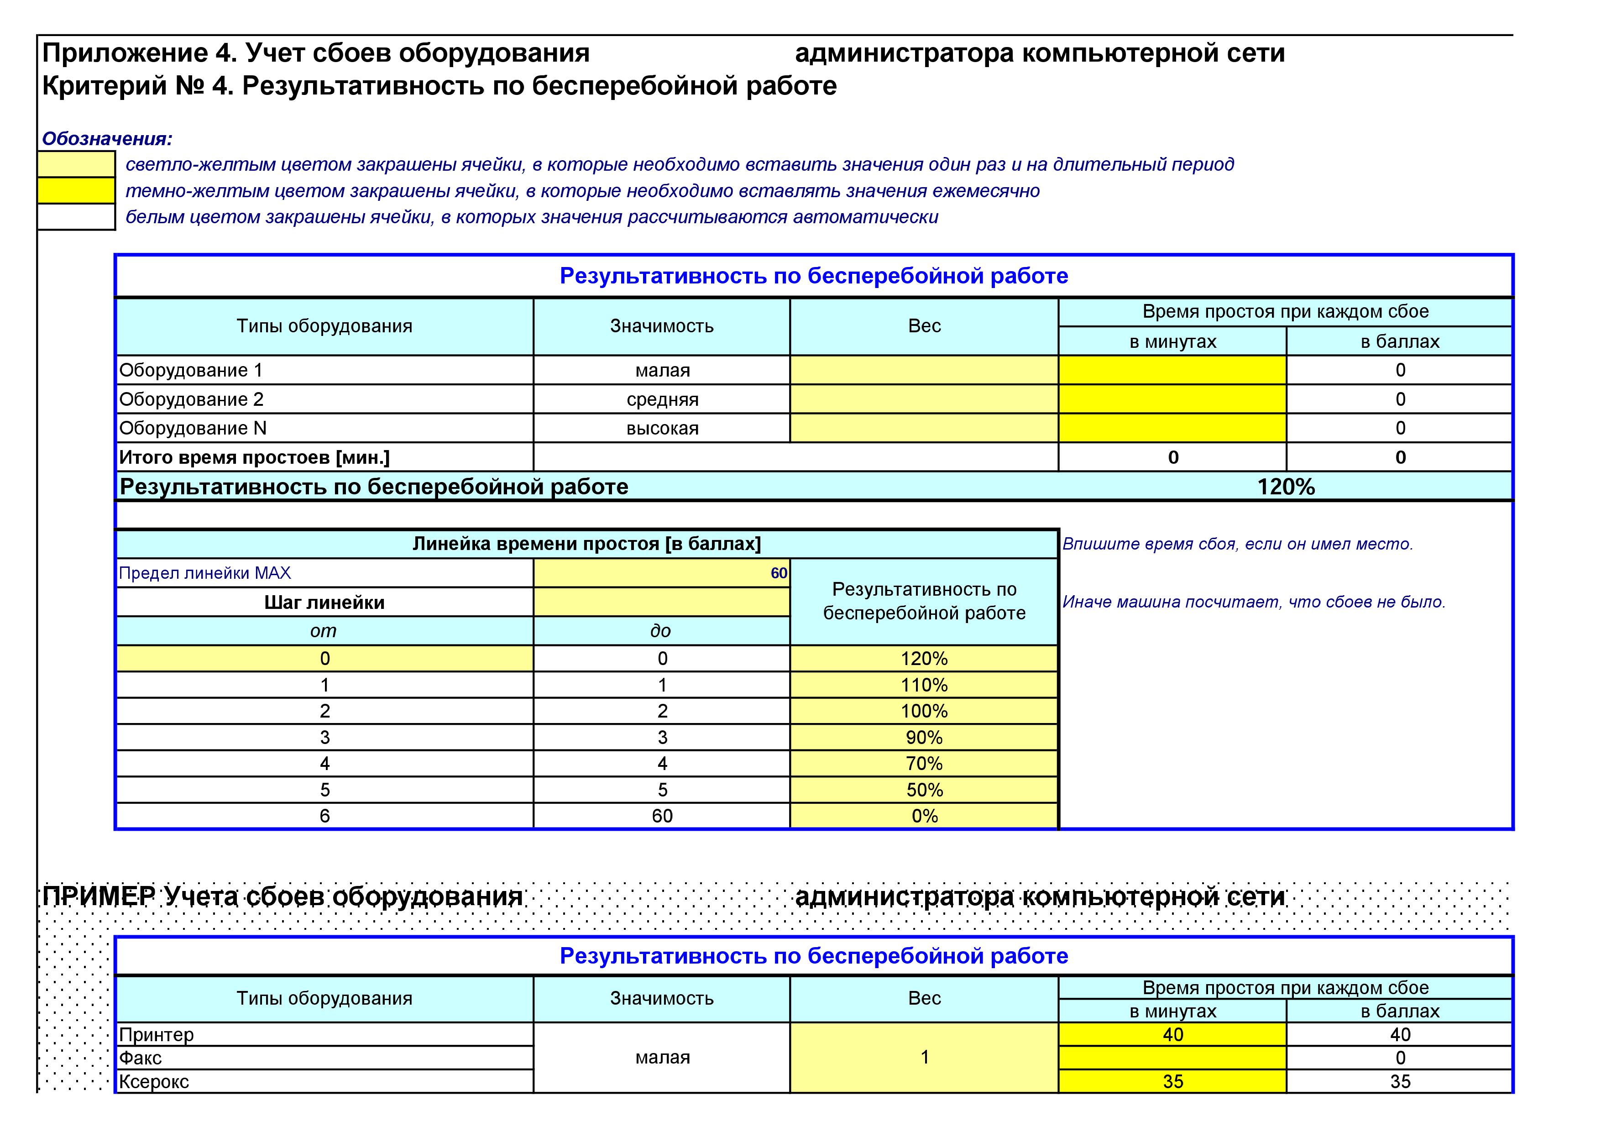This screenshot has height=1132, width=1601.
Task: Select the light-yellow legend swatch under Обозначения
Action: click(76, 165)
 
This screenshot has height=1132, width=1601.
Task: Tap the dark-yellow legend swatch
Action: click(76, 190)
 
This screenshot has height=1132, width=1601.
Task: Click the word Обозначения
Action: click(107, 139)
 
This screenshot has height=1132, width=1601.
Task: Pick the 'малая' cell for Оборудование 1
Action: click(662, 370)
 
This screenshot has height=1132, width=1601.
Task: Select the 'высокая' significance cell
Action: click(662, 428)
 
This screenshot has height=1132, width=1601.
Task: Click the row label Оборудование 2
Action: click(192, 400)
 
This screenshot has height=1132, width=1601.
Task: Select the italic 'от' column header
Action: click(324, 631)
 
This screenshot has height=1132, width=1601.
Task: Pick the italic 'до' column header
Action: click(660, 631)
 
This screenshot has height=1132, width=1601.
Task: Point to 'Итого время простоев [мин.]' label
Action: click(255, 457)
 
